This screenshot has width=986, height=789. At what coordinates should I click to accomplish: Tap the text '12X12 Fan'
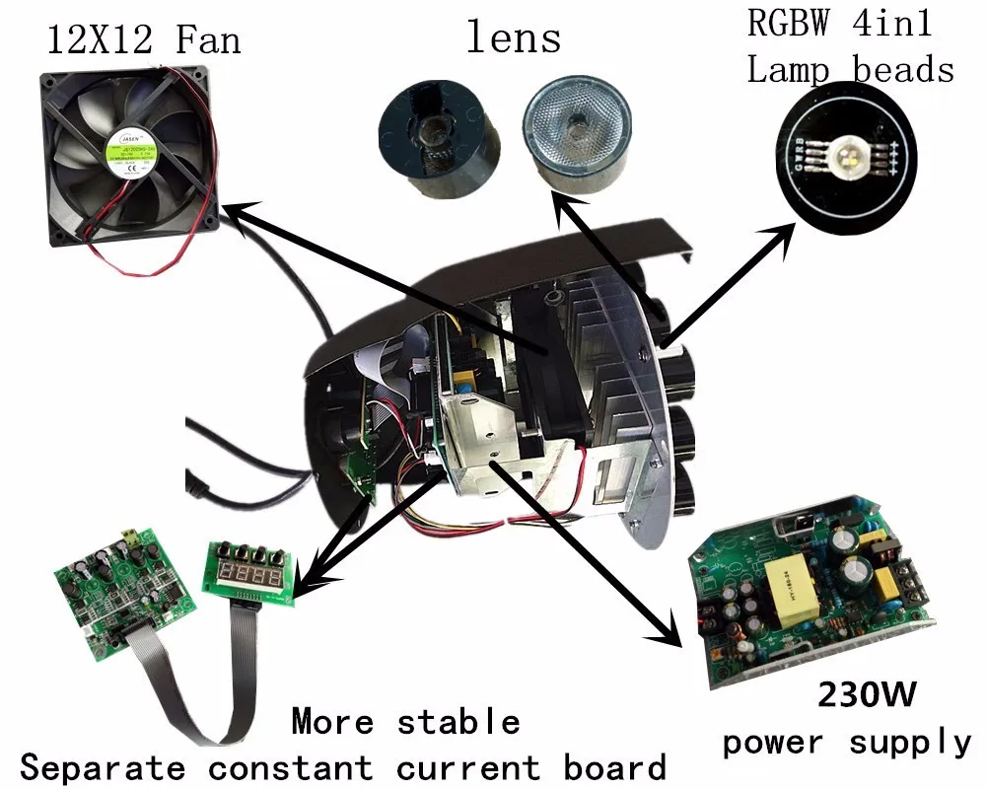[144, 40]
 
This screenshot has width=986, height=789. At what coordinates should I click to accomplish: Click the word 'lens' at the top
[513, 38]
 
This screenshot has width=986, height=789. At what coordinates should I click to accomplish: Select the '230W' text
[867, 695]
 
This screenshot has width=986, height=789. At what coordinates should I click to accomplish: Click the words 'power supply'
[847, 742]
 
